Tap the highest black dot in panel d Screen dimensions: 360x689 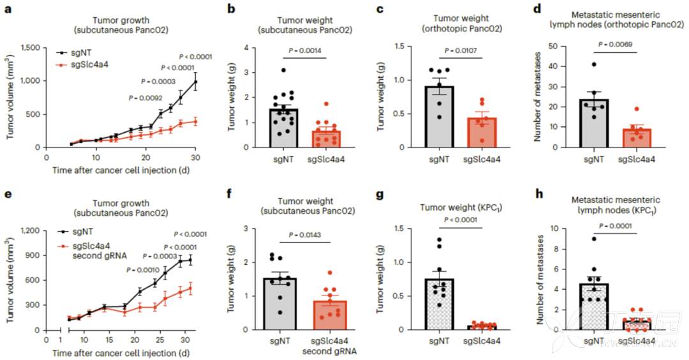coord(593,64)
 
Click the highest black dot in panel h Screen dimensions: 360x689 coord(593,239)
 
